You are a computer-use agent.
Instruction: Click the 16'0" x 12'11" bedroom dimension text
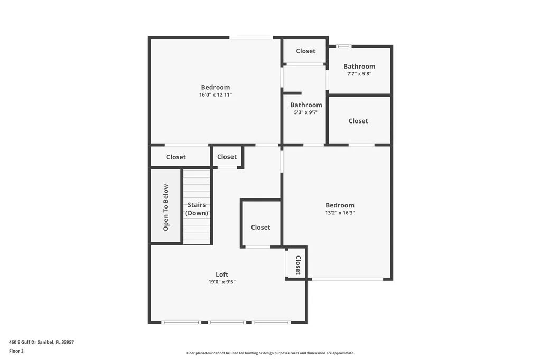coord(215,95)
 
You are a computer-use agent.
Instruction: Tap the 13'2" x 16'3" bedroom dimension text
coord(340,213)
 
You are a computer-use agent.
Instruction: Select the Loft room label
coord(222,274)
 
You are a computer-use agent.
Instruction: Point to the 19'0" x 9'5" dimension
coord(222,282)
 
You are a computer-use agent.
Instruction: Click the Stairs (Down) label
coord(197,209)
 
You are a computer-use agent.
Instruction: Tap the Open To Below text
coord(166,207)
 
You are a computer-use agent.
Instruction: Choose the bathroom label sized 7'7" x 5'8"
coord(359,67)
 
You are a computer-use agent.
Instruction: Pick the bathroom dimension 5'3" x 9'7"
coord(306,112)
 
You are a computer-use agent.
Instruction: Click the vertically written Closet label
coord(297,265)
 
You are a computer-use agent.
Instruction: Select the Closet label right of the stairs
coord(260,228)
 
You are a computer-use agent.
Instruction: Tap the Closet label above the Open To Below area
coord(176,157)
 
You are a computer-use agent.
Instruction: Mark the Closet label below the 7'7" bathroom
coord(358,121)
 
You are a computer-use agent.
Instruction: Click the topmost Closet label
coord(305,51)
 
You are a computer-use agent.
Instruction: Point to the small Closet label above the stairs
coord(227,157)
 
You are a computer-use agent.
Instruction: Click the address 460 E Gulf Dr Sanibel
coord(41,342)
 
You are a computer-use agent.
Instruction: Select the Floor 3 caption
coord(16,351)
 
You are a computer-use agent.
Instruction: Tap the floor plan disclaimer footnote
coord(270,353)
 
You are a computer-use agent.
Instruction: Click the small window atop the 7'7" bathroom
coord(344,46)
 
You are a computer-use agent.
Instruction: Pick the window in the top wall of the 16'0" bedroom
coord(251,37)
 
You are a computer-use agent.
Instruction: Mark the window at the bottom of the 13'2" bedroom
coord(347,279)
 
